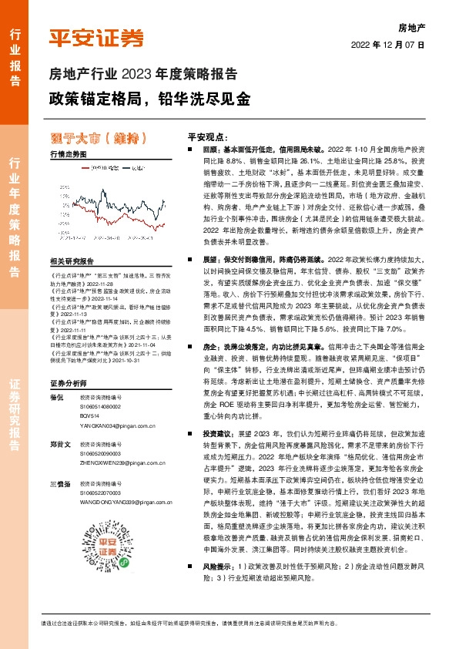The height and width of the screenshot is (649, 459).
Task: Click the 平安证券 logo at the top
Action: [x=95, y=36]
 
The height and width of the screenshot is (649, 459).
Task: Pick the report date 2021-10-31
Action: [x=140, y=363]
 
